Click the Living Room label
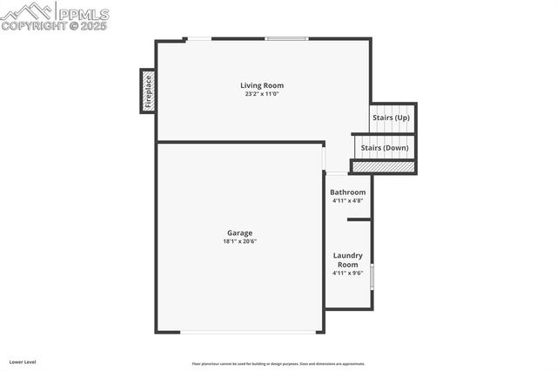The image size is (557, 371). point(262,85)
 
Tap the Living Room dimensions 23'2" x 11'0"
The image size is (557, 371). point(262,94)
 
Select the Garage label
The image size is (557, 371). point(240,233)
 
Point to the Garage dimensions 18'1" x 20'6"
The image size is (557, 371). point(240,241)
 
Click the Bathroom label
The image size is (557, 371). point(347,192)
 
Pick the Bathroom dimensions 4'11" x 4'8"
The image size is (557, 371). point(347,200)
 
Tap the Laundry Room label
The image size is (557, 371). point(347,260)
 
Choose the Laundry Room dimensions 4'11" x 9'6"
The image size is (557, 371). point(347,273)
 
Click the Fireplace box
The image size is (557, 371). point(148,91)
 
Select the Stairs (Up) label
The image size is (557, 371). point(391,118)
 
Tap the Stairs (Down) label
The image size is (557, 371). point(385,148)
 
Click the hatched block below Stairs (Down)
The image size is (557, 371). point(383,165)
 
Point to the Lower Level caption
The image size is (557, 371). point(23,361)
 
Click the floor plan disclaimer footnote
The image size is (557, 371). point(278,364)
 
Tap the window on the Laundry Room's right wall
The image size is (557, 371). point(372,277)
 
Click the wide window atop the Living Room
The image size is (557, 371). point(286,38)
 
